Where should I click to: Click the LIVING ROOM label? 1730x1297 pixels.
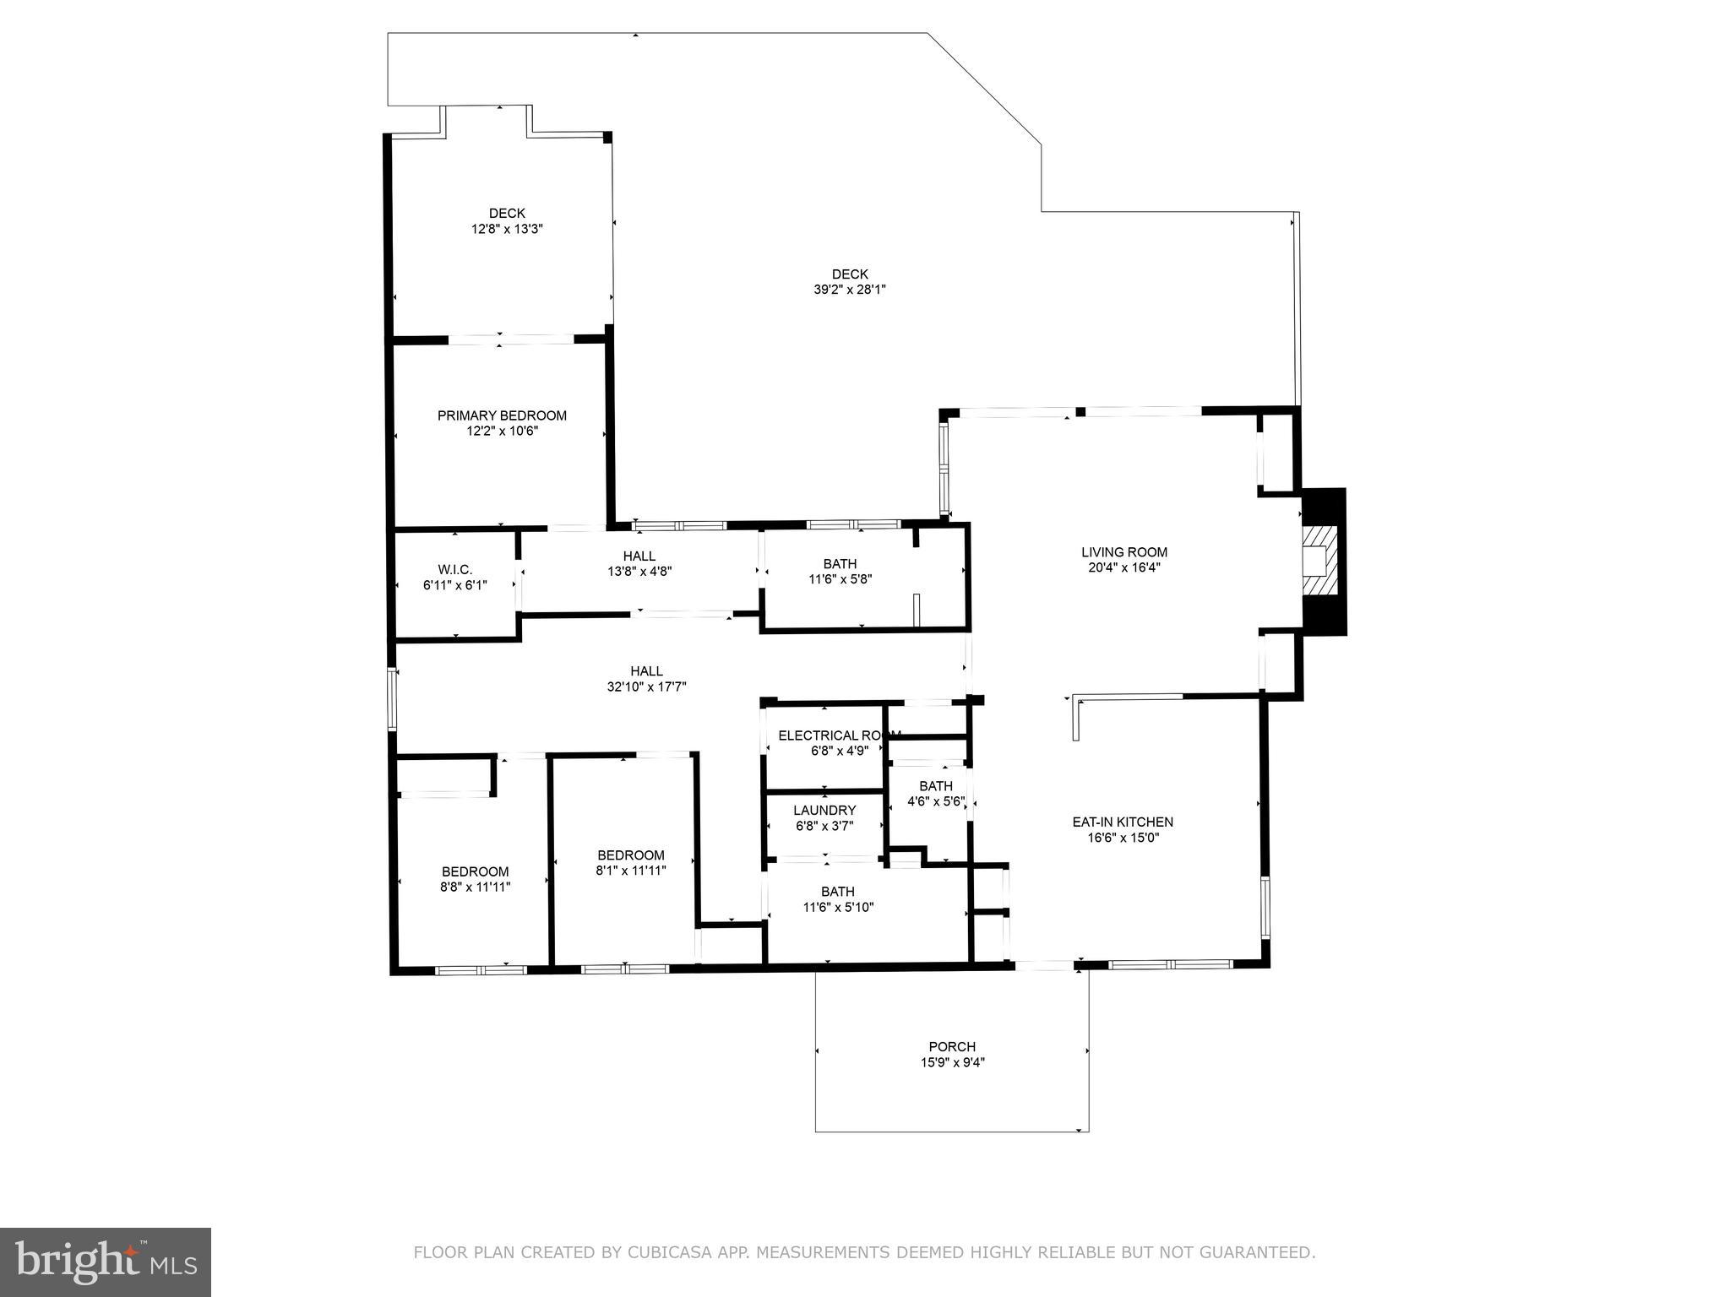(1123, 552)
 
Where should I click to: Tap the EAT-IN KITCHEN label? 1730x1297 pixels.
(1122, 822)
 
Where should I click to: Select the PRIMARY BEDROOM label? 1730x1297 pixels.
(502, 415)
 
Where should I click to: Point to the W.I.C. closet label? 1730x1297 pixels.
(454, 570)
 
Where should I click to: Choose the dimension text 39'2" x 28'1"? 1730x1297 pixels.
(849, 290)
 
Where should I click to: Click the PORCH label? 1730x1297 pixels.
(952, 1046)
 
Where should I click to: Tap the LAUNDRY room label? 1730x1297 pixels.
(824, 811)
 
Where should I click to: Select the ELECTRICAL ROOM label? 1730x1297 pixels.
(836, 735)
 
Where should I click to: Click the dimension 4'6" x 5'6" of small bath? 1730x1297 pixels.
(935, 801)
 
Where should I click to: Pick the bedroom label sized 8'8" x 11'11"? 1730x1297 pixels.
(475, 872)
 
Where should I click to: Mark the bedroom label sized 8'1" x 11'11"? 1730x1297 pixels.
(630, 855)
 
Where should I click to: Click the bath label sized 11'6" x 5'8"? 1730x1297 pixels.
(840, 564)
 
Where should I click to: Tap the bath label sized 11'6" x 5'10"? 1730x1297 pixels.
(837, 892)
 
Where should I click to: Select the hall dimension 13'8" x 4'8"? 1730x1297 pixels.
(639, 572)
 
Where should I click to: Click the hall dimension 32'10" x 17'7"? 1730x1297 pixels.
(646, 687)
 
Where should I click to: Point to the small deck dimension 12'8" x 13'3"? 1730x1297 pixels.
(507, 229)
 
